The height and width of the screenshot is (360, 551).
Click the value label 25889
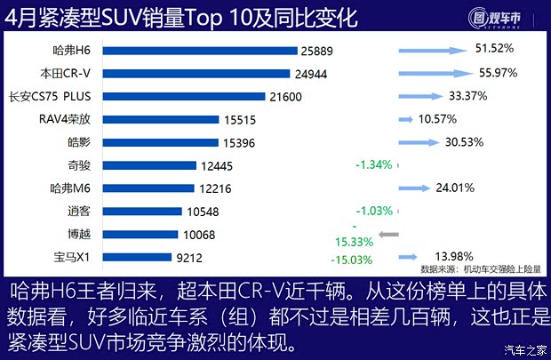click(x=319, y=51)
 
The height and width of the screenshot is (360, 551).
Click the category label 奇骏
click(x=80, y=165)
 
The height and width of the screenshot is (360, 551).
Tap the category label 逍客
click(x=80, y=212)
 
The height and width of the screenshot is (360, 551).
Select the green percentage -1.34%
click(x=373, y=164)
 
